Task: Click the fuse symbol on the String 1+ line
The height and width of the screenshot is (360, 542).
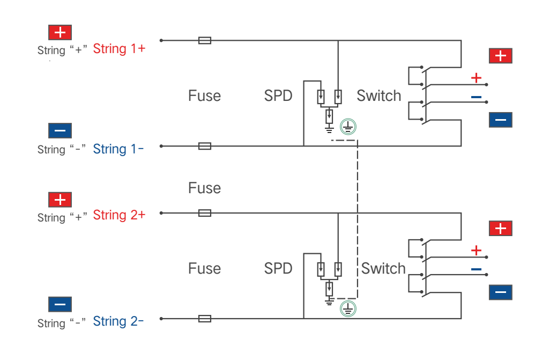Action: pyautogui.click(x=205, y=40)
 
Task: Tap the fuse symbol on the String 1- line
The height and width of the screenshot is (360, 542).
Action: pyautogui.click(x=205, y=146)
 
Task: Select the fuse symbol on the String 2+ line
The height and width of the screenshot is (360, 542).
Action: pyautogui.click(x=205, y=213)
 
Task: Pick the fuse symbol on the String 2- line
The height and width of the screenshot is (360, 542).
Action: pyautogui.click(x=205, y=319)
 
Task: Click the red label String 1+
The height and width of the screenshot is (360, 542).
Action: pyautogui.click(x=119, y=49)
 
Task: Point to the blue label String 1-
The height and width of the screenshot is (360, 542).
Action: pyautogui.click(x=118, y=149)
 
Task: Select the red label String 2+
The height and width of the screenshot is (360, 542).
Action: pyautogui.click(x=119, y=215)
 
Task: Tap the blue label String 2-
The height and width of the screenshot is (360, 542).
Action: pyautogui.click(x=118, y=321)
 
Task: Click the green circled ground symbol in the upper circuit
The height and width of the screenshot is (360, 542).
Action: pyautogui.click(x=348, y=127)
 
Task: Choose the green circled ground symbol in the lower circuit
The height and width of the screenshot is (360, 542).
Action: pyautogui.click(x=348, y=308)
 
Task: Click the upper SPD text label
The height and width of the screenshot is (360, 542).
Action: pyautogui.click(x=278, y=96)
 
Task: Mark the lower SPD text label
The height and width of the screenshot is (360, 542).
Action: pyautogui.click(x=278, y=268)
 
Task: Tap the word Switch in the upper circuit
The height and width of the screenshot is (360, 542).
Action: pyautogui.click(x=379, y=96)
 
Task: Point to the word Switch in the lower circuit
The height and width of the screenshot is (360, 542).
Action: pyautogui.click(x=383, y=268)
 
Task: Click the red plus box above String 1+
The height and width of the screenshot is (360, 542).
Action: pyautogui.click(x=60, y=33)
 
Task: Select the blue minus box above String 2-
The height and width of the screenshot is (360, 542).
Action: pyautogui.click(x=60, y=304)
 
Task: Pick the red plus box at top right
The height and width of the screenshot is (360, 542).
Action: pyautogui.click(x=501, y=56)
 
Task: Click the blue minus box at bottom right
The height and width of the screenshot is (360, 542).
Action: pyautogui.click(x=501, y=292)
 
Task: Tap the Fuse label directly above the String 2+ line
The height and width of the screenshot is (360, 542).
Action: pyautogui.click(x=205, y=188)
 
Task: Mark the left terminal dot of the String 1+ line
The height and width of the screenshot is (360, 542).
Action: pyautogui.click(x=161, y=40)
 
